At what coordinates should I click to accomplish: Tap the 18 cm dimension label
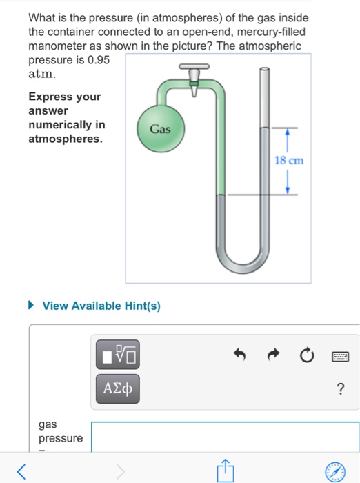click(288, 161)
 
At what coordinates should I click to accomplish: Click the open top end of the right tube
click(263, 70)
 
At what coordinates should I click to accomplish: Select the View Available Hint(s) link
click(101, 306)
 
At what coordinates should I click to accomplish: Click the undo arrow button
click(239, 356)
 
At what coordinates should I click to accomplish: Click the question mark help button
click(340, 388)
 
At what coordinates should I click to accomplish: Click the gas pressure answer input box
click(225, 436)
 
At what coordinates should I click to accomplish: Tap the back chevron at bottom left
click(22, 472)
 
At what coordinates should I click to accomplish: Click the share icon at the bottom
click(225, 471)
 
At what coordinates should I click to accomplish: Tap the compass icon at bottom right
click(336, 471)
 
